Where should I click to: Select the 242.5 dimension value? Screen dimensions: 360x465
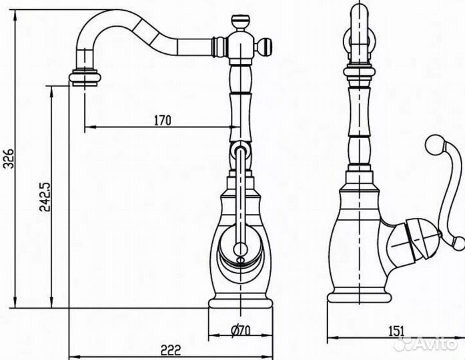click(43, 197)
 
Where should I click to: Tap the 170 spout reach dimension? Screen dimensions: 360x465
click(162, 121)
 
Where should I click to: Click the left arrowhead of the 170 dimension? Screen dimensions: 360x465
click(87, 127)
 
